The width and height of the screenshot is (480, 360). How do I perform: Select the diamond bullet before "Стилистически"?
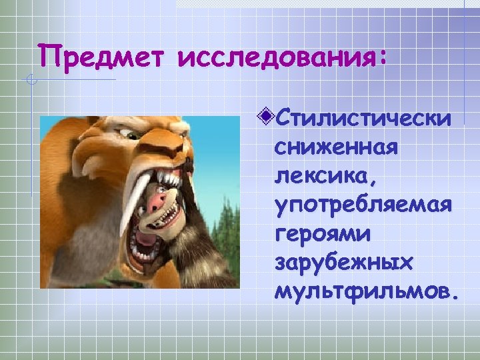coord(267,118)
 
